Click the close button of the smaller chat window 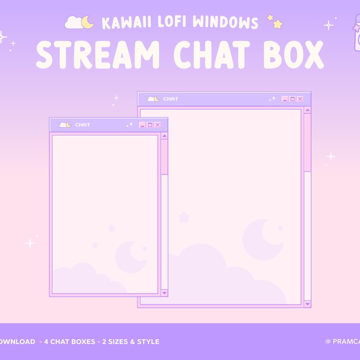pos(157,125)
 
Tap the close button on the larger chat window pos(300,99)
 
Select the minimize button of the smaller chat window pos(142,125)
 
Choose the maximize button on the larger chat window pos(292,99)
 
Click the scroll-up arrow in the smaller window pos(164,135)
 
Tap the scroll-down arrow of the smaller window pos(164,292)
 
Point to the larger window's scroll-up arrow pos(307,110)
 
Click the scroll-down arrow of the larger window pos(307,304)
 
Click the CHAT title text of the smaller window pos(82,125)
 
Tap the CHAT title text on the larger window pos(171,99)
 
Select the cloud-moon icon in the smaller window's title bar pos(65,125)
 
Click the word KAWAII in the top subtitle pos(122,22)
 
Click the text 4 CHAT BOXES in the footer pos(70,342)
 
